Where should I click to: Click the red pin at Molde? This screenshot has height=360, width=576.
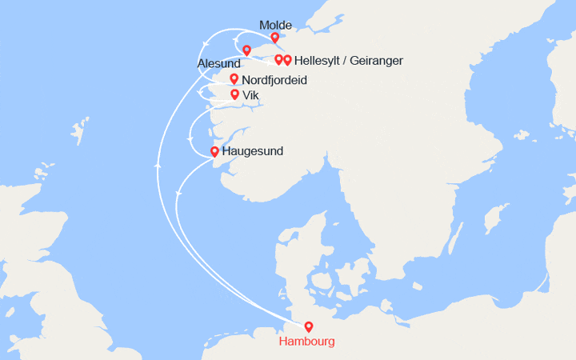275,37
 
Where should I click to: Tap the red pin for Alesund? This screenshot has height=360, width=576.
246,50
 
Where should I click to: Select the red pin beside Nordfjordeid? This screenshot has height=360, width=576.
234,78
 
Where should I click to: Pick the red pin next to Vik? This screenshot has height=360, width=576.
234,94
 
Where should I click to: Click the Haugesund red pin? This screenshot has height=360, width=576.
214,151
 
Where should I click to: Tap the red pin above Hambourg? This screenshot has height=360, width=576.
309,326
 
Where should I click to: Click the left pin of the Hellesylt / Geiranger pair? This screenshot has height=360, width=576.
278,59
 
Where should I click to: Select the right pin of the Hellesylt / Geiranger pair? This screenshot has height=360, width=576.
287,59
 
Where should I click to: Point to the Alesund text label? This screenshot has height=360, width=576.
218,63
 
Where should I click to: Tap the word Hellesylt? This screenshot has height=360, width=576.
320,61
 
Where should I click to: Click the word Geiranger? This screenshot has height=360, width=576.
377,61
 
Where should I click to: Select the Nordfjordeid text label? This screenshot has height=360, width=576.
274,80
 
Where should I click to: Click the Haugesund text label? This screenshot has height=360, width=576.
253,151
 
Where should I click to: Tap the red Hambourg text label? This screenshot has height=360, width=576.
307,342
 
